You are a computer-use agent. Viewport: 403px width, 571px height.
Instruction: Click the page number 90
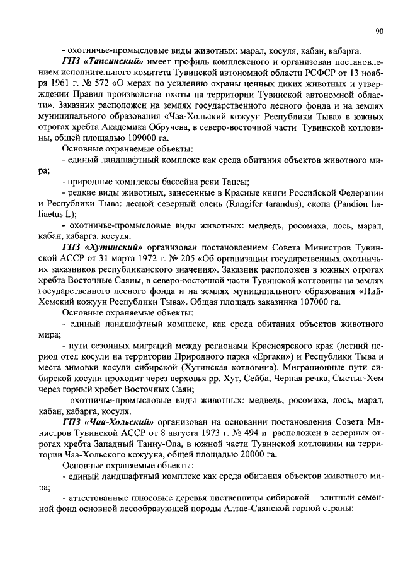380,30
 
